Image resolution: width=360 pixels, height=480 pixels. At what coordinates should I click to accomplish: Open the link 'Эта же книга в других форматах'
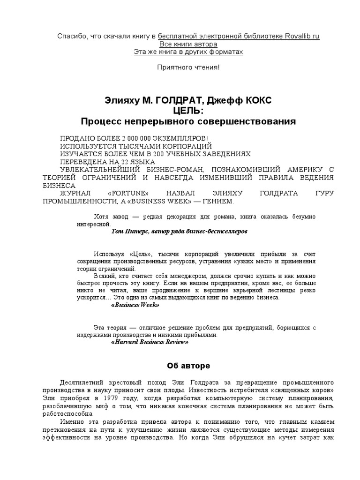[x=188, y=52]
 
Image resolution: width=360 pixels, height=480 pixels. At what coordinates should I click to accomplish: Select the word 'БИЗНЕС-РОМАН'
[x=176, y=170]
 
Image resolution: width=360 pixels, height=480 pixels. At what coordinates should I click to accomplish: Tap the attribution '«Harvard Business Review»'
[x=150, y=342]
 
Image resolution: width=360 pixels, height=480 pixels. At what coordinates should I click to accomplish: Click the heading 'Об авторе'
[x=188, y=365]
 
